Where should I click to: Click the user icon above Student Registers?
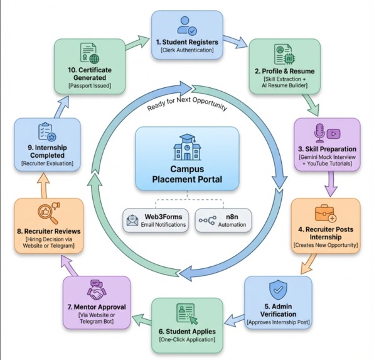point(187,26)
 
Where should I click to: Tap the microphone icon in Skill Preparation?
point(319,133)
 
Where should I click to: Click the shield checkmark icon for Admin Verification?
point(278,290)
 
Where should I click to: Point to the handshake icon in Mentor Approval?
point(97,290)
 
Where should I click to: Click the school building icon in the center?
point(187,147)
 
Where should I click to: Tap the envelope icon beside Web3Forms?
point(132,221)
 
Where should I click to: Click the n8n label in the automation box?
point(232,217)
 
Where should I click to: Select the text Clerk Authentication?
point(187,50)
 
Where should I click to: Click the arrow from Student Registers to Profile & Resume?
point(235,41)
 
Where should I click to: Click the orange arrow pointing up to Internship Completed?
point(44,185)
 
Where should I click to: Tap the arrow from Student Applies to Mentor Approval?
point(142,320)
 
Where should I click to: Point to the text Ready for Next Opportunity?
point(187,104)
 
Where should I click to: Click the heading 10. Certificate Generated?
point(90,74)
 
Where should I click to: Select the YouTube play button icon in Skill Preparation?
point(334,134)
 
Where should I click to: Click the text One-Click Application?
point(187,339)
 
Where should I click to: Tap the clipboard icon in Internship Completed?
point(47,132)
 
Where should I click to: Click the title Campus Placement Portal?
point(187,174)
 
